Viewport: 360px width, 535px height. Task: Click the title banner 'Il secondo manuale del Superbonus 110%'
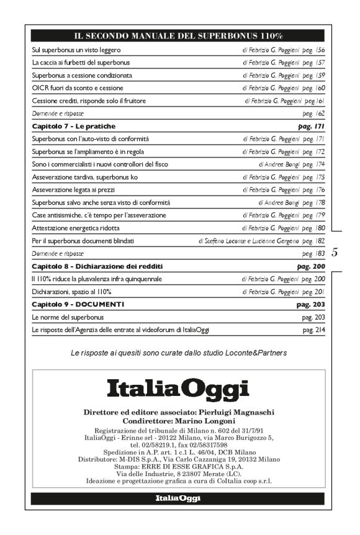(179, 36)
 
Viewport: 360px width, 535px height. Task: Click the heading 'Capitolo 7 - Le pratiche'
(73, 126)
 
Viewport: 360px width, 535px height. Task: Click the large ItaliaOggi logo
(179, 390)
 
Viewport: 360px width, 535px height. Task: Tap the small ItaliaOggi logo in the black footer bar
(179, 498)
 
